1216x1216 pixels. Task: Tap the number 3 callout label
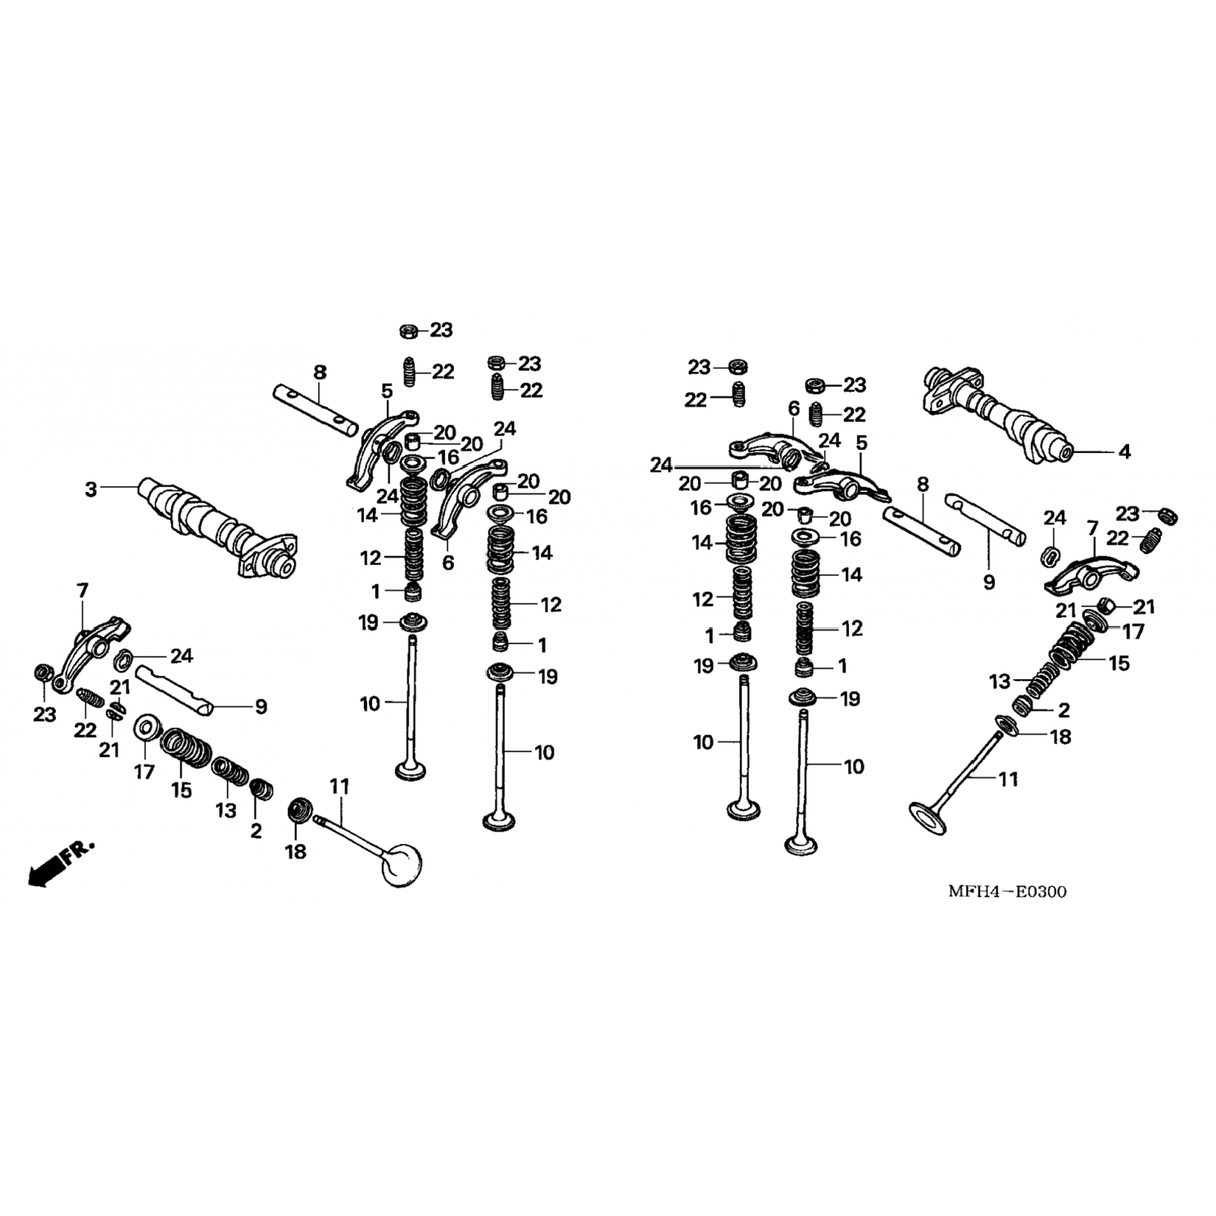91,490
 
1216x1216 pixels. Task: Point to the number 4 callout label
1124,452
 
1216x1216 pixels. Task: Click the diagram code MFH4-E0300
1008,893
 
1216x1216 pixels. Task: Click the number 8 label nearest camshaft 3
320,372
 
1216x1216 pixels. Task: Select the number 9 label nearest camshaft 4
988,582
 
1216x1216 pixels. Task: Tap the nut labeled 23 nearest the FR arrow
43,673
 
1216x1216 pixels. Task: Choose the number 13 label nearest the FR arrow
225,809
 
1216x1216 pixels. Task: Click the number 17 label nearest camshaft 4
1133,631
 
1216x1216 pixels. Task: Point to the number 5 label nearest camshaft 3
387,391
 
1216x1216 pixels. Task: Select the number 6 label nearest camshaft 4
793,409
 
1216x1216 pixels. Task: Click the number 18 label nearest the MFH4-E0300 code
1060,737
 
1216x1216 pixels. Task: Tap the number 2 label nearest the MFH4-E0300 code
1064,711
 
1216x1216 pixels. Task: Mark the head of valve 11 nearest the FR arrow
403,865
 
